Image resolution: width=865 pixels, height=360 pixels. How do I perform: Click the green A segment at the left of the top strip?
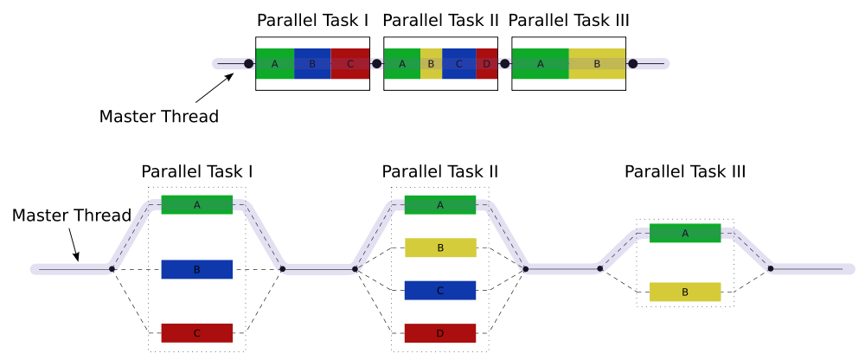tap(275, 63)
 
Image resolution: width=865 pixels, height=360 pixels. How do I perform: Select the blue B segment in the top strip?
tap(312, 63)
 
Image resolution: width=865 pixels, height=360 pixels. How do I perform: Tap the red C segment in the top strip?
tap(349, 63)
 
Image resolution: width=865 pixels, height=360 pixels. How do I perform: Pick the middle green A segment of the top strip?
tap(402, 63)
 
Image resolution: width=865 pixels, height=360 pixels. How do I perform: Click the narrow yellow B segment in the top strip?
tap(431, 63)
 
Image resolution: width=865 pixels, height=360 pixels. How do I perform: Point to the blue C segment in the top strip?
tap(458, 63)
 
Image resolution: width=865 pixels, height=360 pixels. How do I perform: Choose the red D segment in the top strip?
tap(486, 63)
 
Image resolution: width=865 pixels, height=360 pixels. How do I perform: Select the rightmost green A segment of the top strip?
tap(541, 63)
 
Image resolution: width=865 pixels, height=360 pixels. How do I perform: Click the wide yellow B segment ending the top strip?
tap(597, 63)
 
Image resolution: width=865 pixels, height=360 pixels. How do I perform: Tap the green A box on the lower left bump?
tap(197, 205)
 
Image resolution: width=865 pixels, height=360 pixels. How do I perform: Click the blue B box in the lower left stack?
tap(197, 269)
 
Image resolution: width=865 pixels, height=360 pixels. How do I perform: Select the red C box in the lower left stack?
tap(197, 333)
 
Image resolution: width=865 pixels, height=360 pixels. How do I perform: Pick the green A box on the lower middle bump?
tap(440, 205)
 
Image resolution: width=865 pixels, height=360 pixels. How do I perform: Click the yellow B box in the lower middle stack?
tap(440, 248)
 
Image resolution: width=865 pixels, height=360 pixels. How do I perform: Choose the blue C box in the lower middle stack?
tap(440, 291)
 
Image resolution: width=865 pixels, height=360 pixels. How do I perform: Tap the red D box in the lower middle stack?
tap(440, 333)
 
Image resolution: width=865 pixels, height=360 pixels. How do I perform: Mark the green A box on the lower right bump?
tap(685, 233)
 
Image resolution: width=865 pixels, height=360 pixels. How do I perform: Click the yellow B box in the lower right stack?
tap(685, 292)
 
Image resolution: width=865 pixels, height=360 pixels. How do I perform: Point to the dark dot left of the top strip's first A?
tap(248, 63)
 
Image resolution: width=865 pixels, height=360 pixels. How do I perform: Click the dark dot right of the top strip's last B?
tap(633, 63)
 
